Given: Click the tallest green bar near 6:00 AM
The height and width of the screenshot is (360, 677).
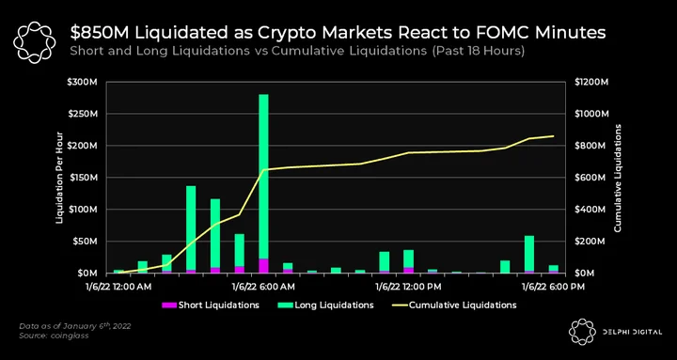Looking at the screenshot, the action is (263, 177).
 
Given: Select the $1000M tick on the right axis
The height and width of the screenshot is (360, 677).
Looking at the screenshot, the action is (591, 114).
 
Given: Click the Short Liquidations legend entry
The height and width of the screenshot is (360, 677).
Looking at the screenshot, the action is (211, 305).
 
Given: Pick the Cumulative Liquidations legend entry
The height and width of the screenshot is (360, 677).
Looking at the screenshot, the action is (455, 305).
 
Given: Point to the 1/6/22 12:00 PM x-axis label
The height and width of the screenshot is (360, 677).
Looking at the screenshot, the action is (408, 287).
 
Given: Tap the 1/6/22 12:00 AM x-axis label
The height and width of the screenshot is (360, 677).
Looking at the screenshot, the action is (118, 287).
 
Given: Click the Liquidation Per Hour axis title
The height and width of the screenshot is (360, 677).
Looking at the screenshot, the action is (60, 178).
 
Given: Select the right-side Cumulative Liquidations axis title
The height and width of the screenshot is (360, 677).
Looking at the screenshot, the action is (618, 178).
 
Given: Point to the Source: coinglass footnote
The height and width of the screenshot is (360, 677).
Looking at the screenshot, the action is (55, 336).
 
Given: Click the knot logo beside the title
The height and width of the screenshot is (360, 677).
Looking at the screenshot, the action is (35, 42).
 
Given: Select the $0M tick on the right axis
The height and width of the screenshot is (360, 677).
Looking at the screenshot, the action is (584, 274).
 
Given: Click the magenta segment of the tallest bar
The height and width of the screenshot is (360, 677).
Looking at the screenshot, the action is (263, 266).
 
